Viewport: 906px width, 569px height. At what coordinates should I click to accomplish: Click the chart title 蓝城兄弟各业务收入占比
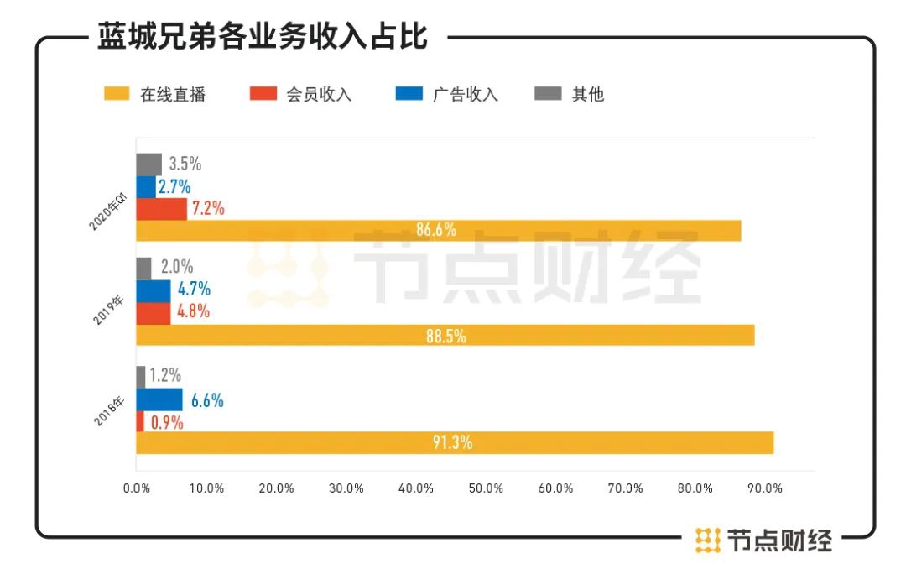[x=262, y=36]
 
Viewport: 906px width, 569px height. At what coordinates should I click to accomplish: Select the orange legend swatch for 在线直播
[x=117, y=94]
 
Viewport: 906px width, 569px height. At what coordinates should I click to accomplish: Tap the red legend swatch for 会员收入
[x=263, y=94]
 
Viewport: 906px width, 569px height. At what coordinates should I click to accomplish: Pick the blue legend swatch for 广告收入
[x=409, y=94]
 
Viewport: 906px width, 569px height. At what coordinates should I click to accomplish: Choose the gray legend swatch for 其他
[x=548, y=94]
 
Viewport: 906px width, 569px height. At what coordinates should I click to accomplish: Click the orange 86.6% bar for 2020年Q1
[x=438, y=231]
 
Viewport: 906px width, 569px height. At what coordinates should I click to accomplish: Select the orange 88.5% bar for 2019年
[x=445, y=336]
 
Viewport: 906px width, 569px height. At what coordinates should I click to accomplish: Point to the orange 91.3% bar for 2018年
[x=454, y=442]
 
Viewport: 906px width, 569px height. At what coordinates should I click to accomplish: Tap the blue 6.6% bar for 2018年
[x=159, y=399]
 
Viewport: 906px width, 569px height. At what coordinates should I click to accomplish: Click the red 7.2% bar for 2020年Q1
[x=161, y=209]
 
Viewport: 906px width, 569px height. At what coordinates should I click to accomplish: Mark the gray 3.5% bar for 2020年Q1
[x=148, y=164]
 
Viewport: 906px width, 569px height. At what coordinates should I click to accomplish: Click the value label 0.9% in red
[x=166, y=422]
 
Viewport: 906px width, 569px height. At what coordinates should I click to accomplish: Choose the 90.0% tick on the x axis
[x=765, y=488]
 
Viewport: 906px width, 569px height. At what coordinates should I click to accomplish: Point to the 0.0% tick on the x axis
[x=137, y=488]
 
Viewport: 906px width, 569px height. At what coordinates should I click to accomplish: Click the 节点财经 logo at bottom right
[x=763, y=540]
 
